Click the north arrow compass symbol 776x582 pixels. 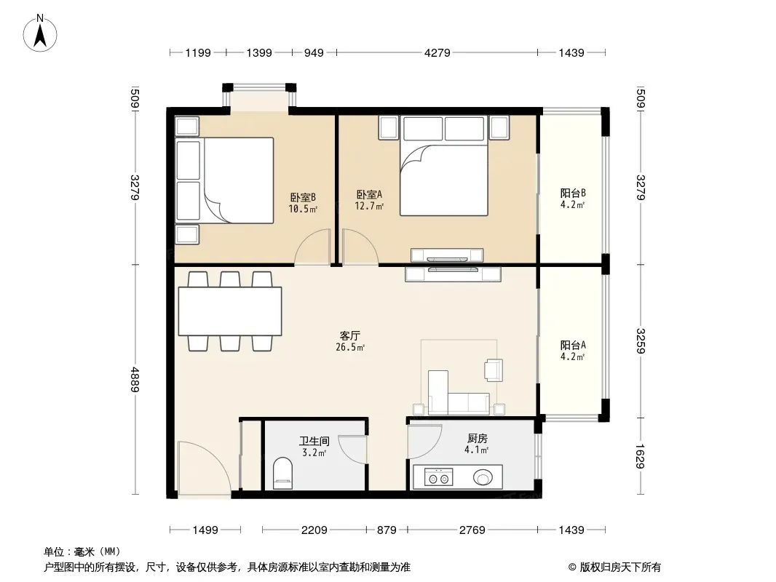tap(40, 33)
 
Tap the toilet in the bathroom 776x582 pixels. tap(282, 473)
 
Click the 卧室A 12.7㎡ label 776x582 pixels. tap(369, 200)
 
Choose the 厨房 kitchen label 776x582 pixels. tap(477, 439)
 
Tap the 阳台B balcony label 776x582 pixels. tap(573, 193)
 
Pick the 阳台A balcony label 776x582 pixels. tap(573, 345)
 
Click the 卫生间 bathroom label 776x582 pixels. tap(314, 441)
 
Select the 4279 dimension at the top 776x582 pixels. tap(438, 52)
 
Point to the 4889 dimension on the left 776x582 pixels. tap(135, 379)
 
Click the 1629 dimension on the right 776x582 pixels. tap(640, 456)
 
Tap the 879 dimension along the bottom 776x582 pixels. tap(387, 530)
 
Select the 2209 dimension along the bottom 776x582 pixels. tap(314, 530)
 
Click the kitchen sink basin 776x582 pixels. tap(483, 478)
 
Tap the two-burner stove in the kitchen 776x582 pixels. tap(439, 479)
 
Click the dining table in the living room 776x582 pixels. tap(230, 311)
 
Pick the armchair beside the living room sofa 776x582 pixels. tap(494, 370)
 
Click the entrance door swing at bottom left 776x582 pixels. tap(204, 467)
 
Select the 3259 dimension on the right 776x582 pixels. tap(640, 341)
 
